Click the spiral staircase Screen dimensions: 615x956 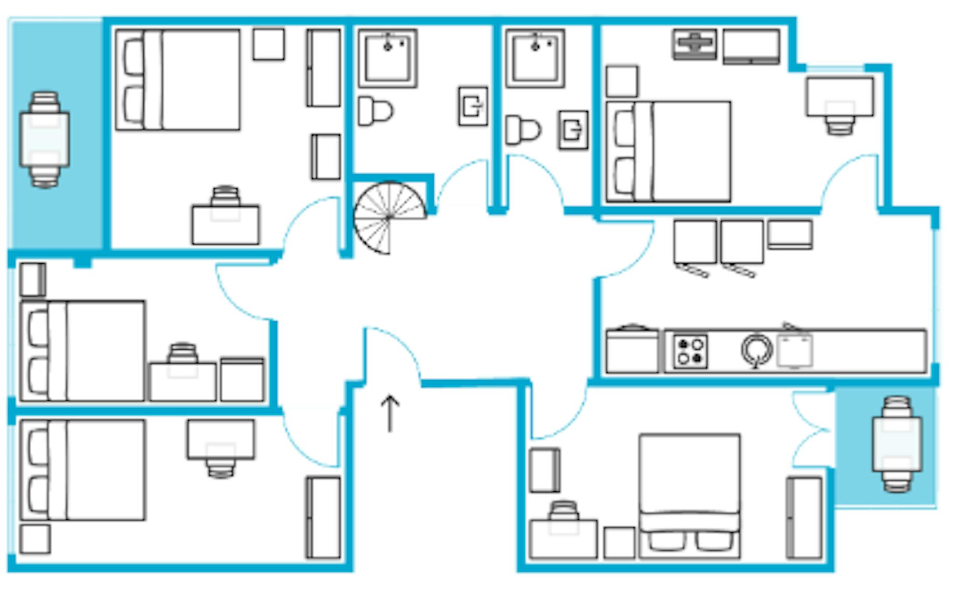389,218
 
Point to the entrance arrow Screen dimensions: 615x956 390,414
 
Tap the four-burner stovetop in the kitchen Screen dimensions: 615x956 690,352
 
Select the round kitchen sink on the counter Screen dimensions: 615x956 757,350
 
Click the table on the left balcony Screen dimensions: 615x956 44,139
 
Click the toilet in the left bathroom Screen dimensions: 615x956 375,111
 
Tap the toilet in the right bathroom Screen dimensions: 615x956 523,130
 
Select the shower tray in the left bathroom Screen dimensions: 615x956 387,58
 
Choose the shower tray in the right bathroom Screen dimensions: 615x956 535,58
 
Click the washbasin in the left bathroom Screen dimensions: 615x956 473,106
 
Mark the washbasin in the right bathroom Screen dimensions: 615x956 573,130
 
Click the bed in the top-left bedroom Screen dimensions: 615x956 178,80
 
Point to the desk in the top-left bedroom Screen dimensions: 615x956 225,225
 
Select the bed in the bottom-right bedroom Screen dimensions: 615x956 689,496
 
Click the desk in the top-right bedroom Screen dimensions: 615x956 840,97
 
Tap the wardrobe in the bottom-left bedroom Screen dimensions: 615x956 323,517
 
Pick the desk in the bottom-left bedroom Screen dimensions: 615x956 221,439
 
